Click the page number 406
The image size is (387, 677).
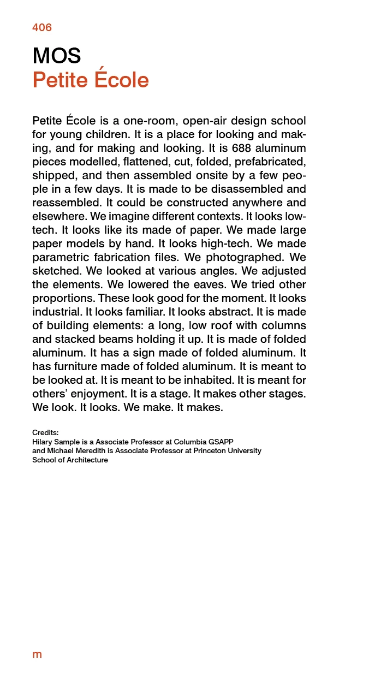(42, 27)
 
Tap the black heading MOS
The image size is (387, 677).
(57, 56)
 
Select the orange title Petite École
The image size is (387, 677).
(91, 80)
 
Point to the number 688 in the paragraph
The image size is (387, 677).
(241, 148)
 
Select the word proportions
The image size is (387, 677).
(61, 298)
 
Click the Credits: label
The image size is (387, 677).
(45, 433)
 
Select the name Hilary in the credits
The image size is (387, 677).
(42, 442)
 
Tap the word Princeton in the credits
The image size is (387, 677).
(209, 451)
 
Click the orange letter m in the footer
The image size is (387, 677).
(37, 655)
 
